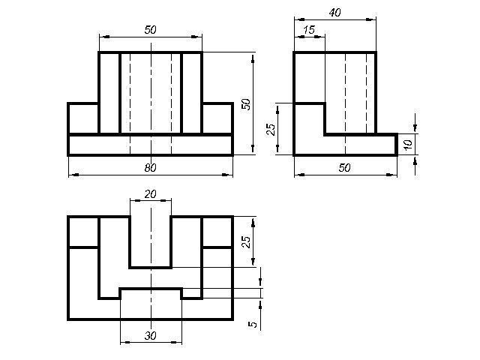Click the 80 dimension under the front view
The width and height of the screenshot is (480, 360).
pyautogui.click(x=150, y=168)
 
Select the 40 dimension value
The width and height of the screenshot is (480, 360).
pyautogui.click(x=335, y=13)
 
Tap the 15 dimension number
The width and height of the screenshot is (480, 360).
pyautogui.click(x=309, y=30)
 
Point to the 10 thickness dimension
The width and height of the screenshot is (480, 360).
pyautogui.click(x=408, y=144)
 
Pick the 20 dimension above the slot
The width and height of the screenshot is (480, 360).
pyautogui.click(x=150, y=194)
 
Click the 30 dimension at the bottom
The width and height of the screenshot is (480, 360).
pyautogui.click(x=150, y=336)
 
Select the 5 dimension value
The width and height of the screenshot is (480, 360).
pyautogui.click(x=253, y=324)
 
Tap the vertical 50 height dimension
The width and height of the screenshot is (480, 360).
pyautogui.click(x=246, y=104)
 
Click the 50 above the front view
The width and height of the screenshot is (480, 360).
pyautogui.click(x=150, y=30)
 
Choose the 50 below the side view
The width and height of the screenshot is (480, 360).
pyautogui.click(x=345, y=168)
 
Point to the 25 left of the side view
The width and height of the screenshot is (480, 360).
pyautogui.click(x=271, y=129)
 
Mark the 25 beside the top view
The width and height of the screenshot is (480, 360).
pyautogui.click(x=246, y=241)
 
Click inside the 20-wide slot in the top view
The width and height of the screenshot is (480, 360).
pyautogui.click(x=150, y=241)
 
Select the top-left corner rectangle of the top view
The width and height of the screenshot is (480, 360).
pyautogui.click(x=83, y=232)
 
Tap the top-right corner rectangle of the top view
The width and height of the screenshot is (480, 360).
pyautogui.click(x=217, y=232)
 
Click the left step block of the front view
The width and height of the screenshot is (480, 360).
pyautogui.click(x=83, y=118)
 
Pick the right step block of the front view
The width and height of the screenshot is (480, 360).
pyautogui.click(x=217, y=118)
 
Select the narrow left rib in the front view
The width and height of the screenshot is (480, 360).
pyautogui.click(x=109, y=93)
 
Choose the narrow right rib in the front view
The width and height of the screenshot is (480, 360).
pyautogui.click(x=192, y=93)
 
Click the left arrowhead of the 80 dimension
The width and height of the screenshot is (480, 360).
pyautogui.click(x=73, y=175)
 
